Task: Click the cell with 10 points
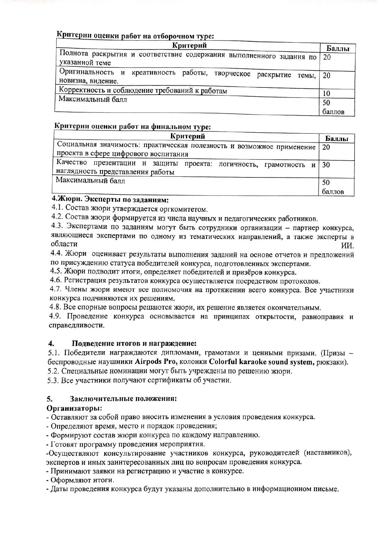[326, 93]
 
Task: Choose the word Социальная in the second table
[75, 144]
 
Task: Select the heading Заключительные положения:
[123, 399]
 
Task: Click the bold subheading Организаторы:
[74, 408]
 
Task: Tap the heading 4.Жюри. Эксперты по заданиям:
[110, 200]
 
